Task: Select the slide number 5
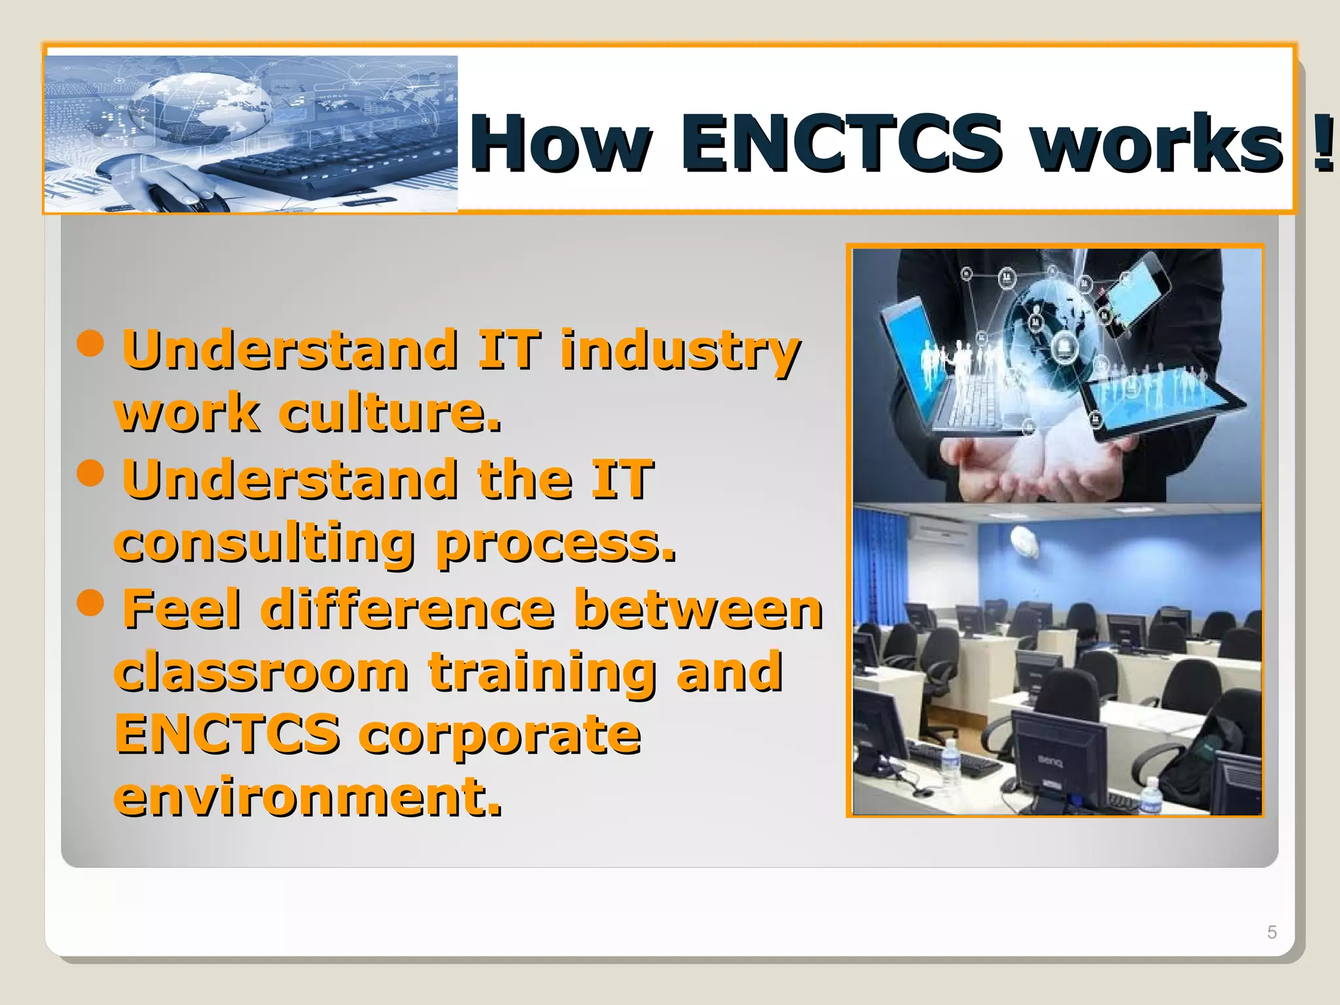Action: (x=1271, y=932)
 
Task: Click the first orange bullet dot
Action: (x=90, y=343)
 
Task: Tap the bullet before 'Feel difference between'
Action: (x=90, y=602)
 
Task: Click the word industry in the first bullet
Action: (x=680, y=350)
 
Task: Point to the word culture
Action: (x=390, y=414)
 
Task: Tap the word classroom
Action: (x=262, y=672)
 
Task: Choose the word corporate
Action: (x=500, y=735)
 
